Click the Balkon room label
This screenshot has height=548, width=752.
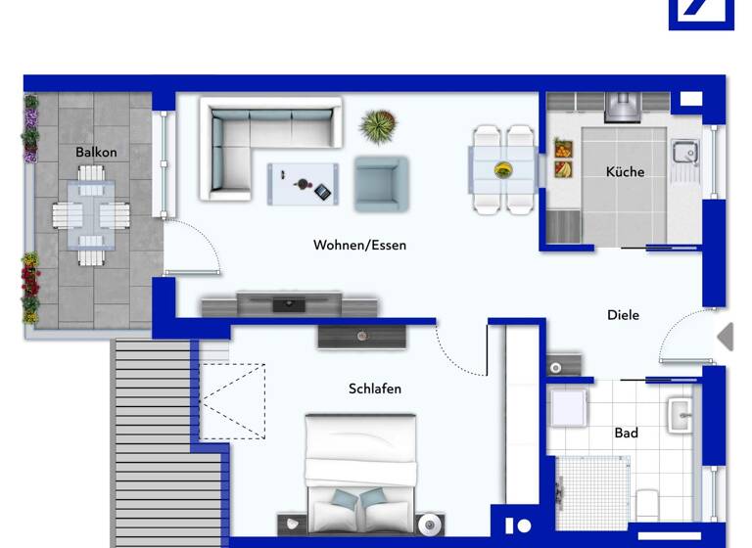pyautogui.click(x=96, y=152)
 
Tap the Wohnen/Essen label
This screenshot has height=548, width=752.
pyautogui.click(x=359, y=245)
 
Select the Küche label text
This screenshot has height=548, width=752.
pyautogui.click(x=625, y=171)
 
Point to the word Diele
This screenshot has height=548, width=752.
pyautogui.click(x=623, y=315)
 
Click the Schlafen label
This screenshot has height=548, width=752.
pyautogui.click(x=375, y=388)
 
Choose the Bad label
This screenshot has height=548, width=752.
pyautogui.click(x=626, y=433)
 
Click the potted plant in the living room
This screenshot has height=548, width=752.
pyautogui.click(x=377, y=126)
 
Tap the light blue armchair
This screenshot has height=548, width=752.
pyautogui.click(x=380, y=183)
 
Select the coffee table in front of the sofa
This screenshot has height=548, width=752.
pyautogui.click(x=304, y=183)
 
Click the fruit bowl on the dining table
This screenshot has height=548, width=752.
pyautogui.click(x=503, y=169)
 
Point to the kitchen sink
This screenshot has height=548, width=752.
pyautogui.click(x=683, y=152)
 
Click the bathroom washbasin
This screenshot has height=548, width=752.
pyautogui.click(x=681, y=414)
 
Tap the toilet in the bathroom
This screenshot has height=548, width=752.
pyautogui.click(x=646, y=505)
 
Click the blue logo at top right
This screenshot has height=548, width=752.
pyautogui.click(x=701, y=14)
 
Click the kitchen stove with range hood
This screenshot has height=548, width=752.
pyautogui.click(x=623, y=106)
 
